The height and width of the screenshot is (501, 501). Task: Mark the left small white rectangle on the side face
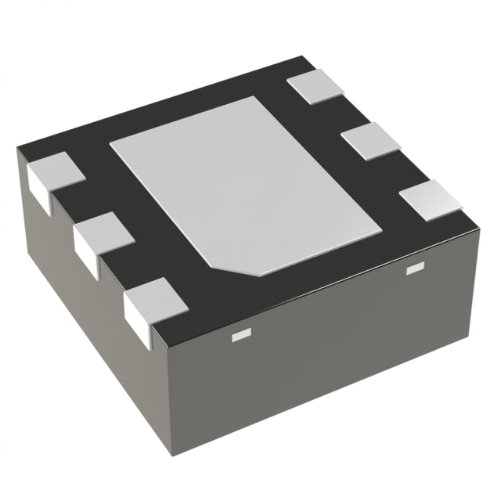click(239, 337)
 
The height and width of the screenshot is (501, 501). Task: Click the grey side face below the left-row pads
click(86, 329)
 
